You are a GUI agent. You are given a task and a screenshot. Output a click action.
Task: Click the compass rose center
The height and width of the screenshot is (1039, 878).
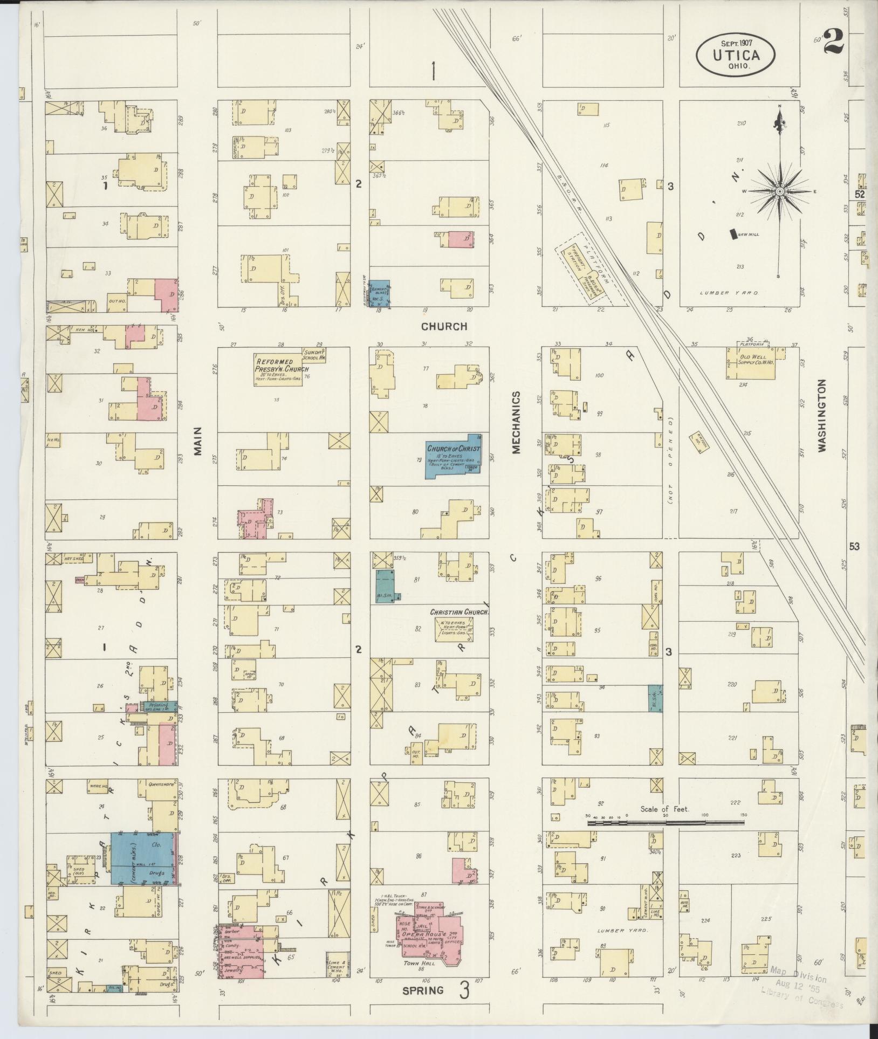[779, 191]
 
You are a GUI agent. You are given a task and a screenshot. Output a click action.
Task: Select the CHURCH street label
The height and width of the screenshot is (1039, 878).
[444, 326]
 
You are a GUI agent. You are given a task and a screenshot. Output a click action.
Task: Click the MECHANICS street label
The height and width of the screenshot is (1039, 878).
[516, 422]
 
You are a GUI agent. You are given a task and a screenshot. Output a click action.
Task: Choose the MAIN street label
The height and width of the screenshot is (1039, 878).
[198, 442]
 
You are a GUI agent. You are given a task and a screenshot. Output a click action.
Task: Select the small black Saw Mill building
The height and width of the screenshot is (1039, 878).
[733, 234]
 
